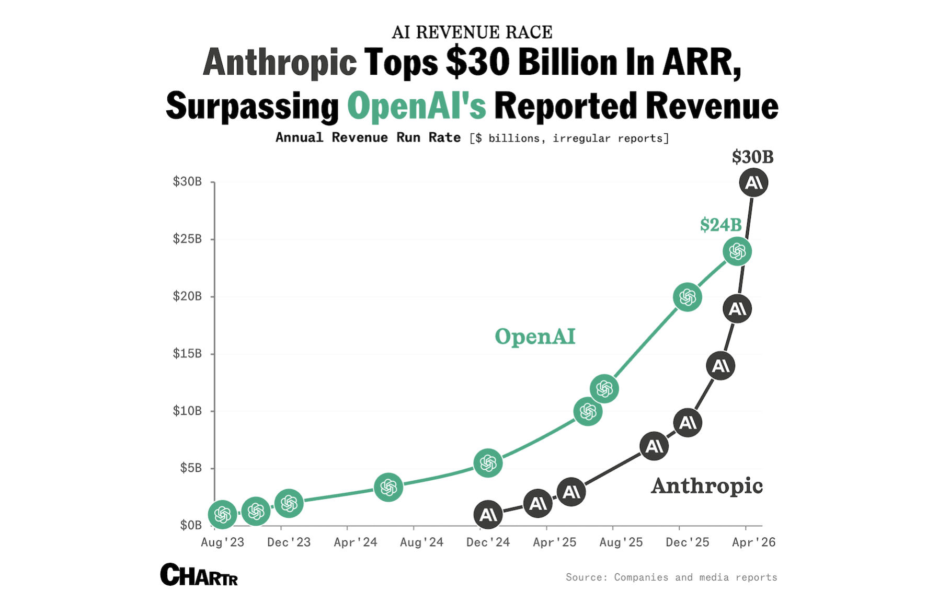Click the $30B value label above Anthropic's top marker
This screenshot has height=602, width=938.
(x=752, y=157)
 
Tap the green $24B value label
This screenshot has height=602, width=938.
(x=720, y=225)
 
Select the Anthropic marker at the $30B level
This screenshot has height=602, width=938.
(x=753, y=182)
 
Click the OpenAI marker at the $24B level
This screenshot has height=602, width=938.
(x=737, y=251)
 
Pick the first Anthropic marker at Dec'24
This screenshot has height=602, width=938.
(x=488, y=515)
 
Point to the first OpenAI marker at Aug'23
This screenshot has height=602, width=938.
(x=222, y=514)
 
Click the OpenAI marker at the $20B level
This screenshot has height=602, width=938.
(x=687, y=297)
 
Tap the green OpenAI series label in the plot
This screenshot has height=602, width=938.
(x=535, y=337)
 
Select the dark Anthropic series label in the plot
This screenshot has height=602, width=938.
(x=706, y=486)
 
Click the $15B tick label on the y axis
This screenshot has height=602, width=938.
(x=187, y=354)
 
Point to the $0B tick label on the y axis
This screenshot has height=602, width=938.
(x=191, y=525)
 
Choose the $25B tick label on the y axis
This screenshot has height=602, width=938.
(x=187, y=239)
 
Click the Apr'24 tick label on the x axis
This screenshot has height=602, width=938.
(x=356, y=542)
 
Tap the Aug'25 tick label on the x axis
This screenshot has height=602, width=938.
(x=621, y=542)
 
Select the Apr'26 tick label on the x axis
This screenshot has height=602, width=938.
(x=753, y=542)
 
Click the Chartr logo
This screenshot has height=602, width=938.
(x=199, y=575)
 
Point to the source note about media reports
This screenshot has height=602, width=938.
(x=671, y=577)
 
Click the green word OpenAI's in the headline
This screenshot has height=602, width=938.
(x=417, y=106)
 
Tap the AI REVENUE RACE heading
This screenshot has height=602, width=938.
(x=472, y=32)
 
